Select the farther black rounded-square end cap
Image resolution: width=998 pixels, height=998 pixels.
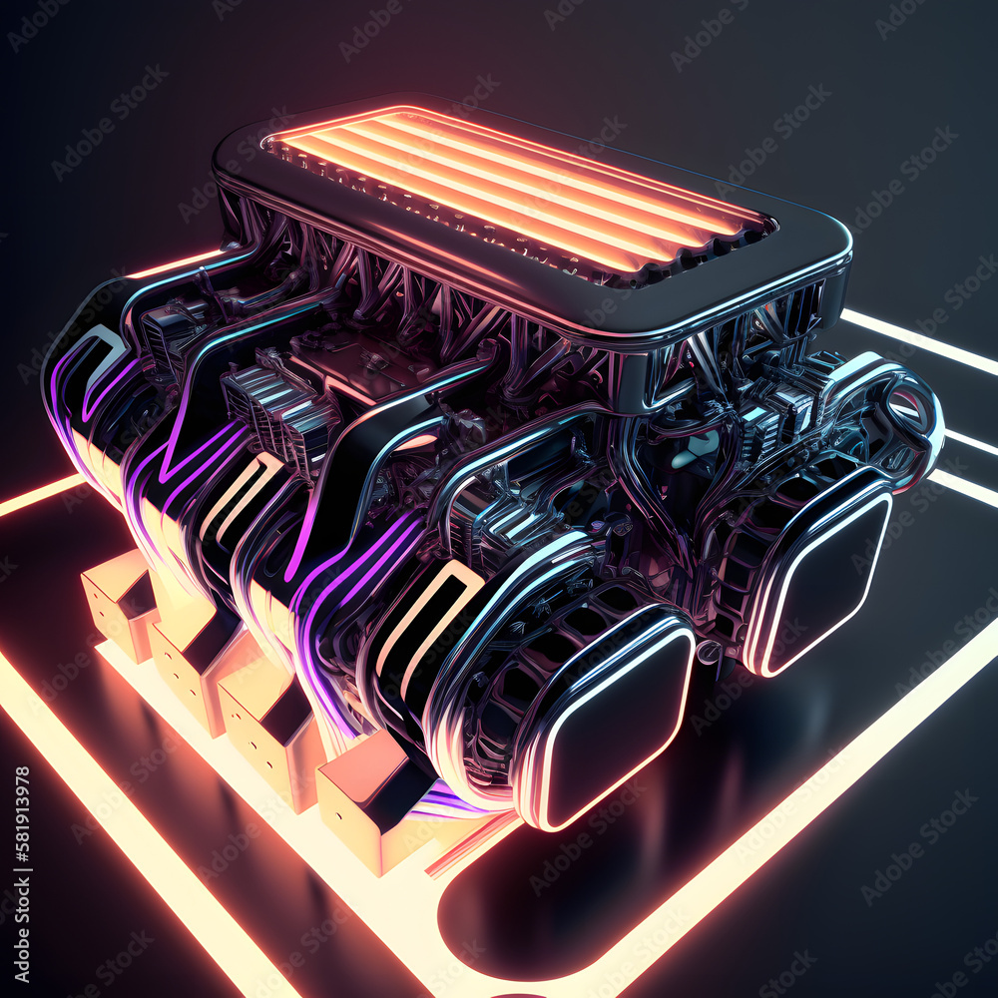click(820, 574)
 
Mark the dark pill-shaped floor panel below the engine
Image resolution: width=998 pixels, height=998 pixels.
click(579, 898)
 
